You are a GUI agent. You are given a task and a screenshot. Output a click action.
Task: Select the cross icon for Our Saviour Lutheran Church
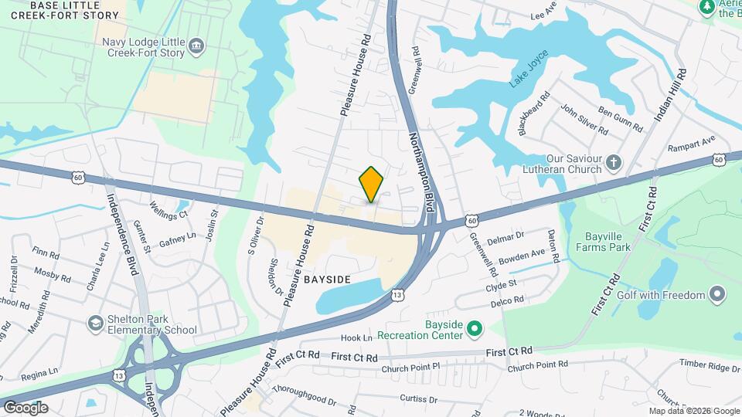pyautogui.click(x=613, y=162)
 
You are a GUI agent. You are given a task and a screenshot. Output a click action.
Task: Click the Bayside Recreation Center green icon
pyautogui.click(x=475, y=328)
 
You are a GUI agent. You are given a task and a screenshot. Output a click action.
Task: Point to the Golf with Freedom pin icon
pyautogui.click(x=718, y=294)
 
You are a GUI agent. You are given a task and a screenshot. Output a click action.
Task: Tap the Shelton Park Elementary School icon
pyautogui.click(x=96, y=322)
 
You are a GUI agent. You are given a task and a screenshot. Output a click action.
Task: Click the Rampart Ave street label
pyautogui.click(x=693, y=144)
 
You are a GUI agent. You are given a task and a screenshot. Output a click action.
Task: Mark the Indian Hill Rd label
pyautogui.click(x=670, y=95)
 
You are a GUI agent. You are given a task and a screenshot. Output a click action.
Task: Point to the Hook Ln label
pyautogui.click(x=356, y=338)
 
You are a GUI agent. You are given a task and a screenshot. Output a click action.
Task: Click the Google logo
pyautogui.click(x=26, y=407)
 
